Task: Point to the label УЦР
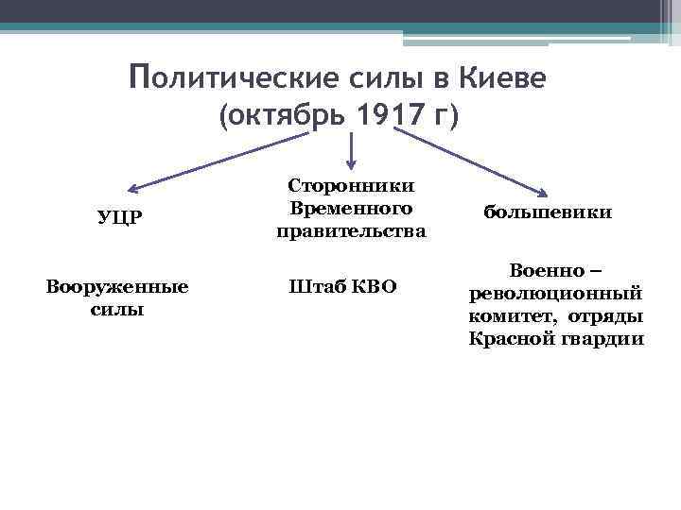(x=120, y=218)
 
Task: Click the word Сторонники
(x=351, y=187)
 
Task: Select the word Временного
(x=351, y=208)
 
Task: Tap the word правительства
(x=351, y=229)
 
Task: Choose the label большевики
(x=548, y=212)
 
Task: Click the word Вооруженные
(x=117, y=287)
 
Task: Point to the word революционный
(x=556, y=293)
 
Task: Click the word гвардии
(x=605, y=338)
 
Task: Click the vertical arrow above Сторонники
(x=352, y=151)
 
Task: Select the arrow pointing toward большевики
(x=473, y=161)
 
